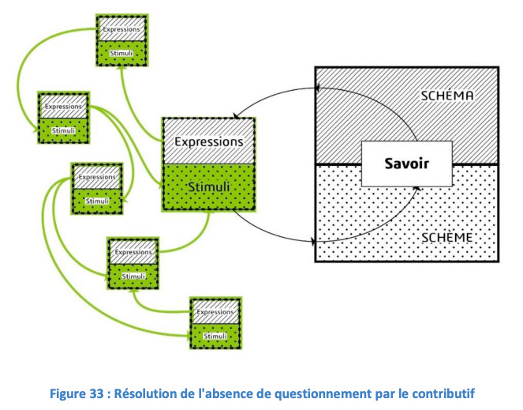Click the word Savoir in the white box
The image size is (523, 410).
click(406, 164)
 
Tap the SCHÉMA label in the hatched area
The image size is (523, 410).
click(447, 96)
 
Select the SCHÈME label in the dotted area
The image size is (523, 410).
click(447, 238)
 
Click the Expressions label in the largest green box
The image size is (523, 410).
click(209, 142)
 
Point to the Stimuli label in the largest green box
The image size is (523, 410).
click(209, 186)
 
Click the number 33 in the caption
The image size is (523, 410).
click(96, 393)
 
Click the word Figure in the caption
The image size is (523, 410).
click(68, 393)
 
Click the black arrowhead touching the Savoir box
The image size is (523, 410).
click(417, 188)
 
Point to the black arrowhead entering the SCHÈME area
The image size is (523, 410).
click(313, 241)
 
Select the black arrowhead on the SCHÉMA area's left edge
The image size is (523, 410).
click(318, 88)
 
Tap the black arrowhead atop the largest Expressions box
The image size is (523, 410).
click(236, 116)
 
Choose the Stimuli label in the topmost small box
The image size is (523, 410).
click(121, 53)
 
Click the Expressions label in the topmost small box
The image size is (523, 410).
click(121, 29)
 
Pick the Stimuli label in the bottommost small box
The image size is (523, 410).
click(215, 337)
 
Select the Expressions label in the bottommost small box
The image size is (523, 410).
click(215, 312)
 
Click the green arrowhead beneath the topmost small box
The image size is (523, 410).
click(122, 68)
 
